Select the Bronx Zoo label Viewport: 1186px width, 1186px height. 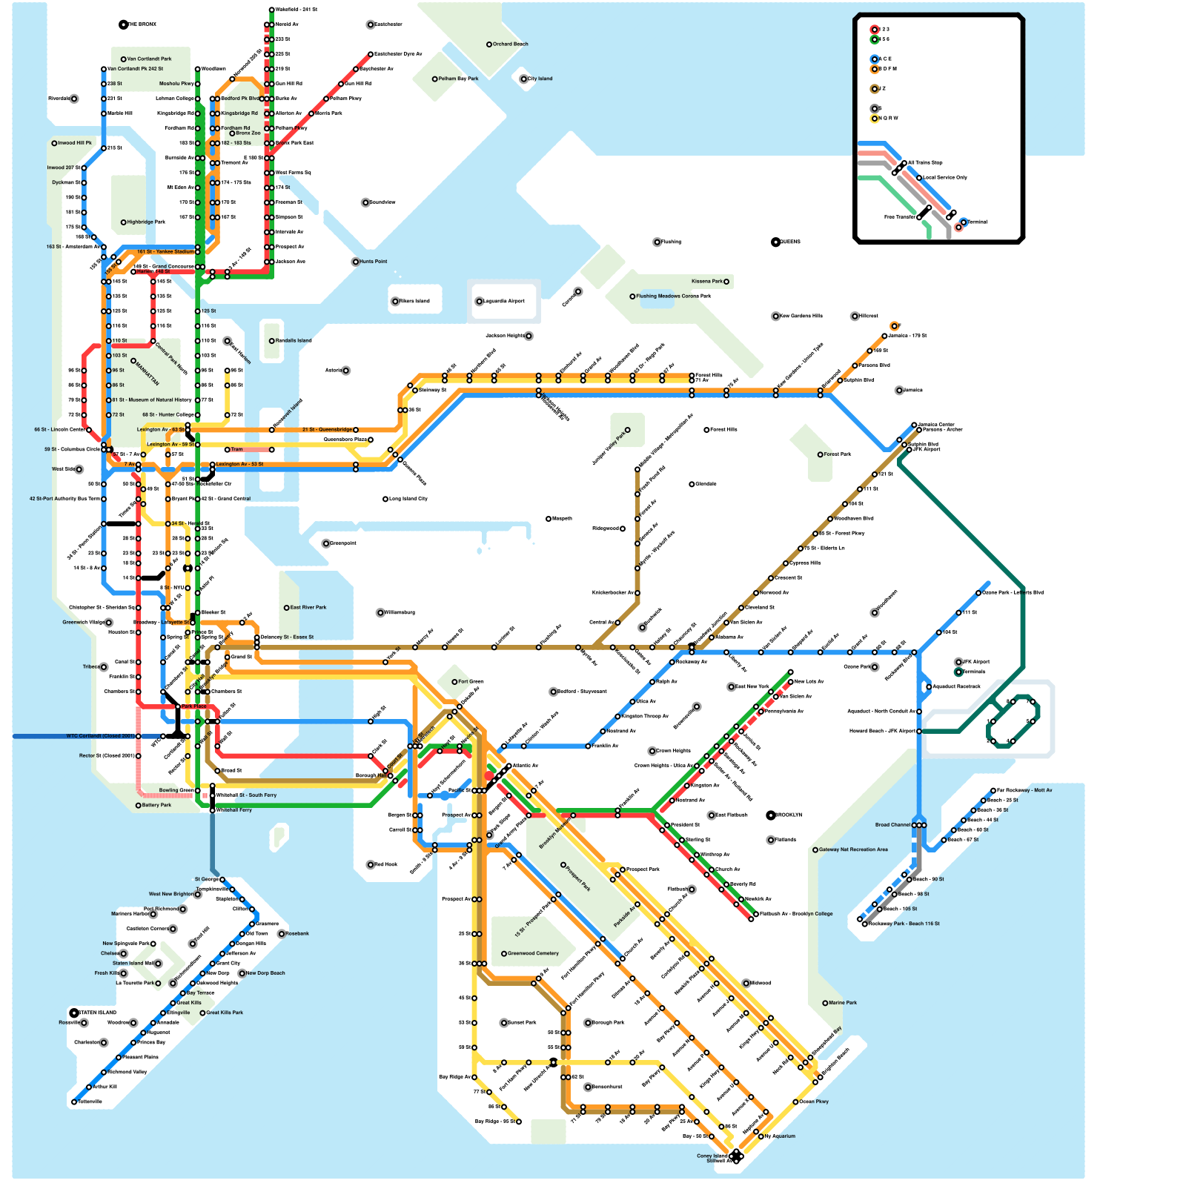point(248,133)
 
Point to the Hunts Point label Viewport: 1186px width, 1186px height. point(373,262)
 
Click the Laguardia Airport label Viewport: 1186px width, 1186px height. point(504,302)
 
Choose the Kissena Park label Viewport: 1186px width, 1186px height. point(706,282)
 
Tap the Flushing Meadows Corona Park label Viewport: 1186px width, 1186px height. point(673,296)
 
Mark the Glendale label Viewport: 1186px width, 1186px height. point(706,484)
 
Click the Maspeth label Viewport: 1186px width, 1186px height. point(562,519)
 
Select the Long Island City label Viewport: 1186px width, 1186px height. point(408,499)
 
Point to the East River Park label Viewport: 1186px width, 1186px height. point(308,608)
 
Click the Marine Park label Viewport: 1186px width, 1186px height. point(842,1003)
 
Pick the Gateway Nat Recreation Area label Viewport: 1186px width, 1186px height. point(852,849)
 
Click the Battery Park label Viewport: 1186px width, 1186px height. point(156,805)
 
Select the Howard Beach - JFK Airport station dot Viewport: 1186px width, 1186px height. point(918,732)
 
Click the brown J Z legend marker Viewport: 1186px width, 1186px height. point(875,89)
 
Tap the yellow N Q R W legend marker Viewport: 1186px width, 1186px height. point(875,119)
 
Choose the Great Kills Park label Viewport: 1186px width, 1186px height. point(224,1013)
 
